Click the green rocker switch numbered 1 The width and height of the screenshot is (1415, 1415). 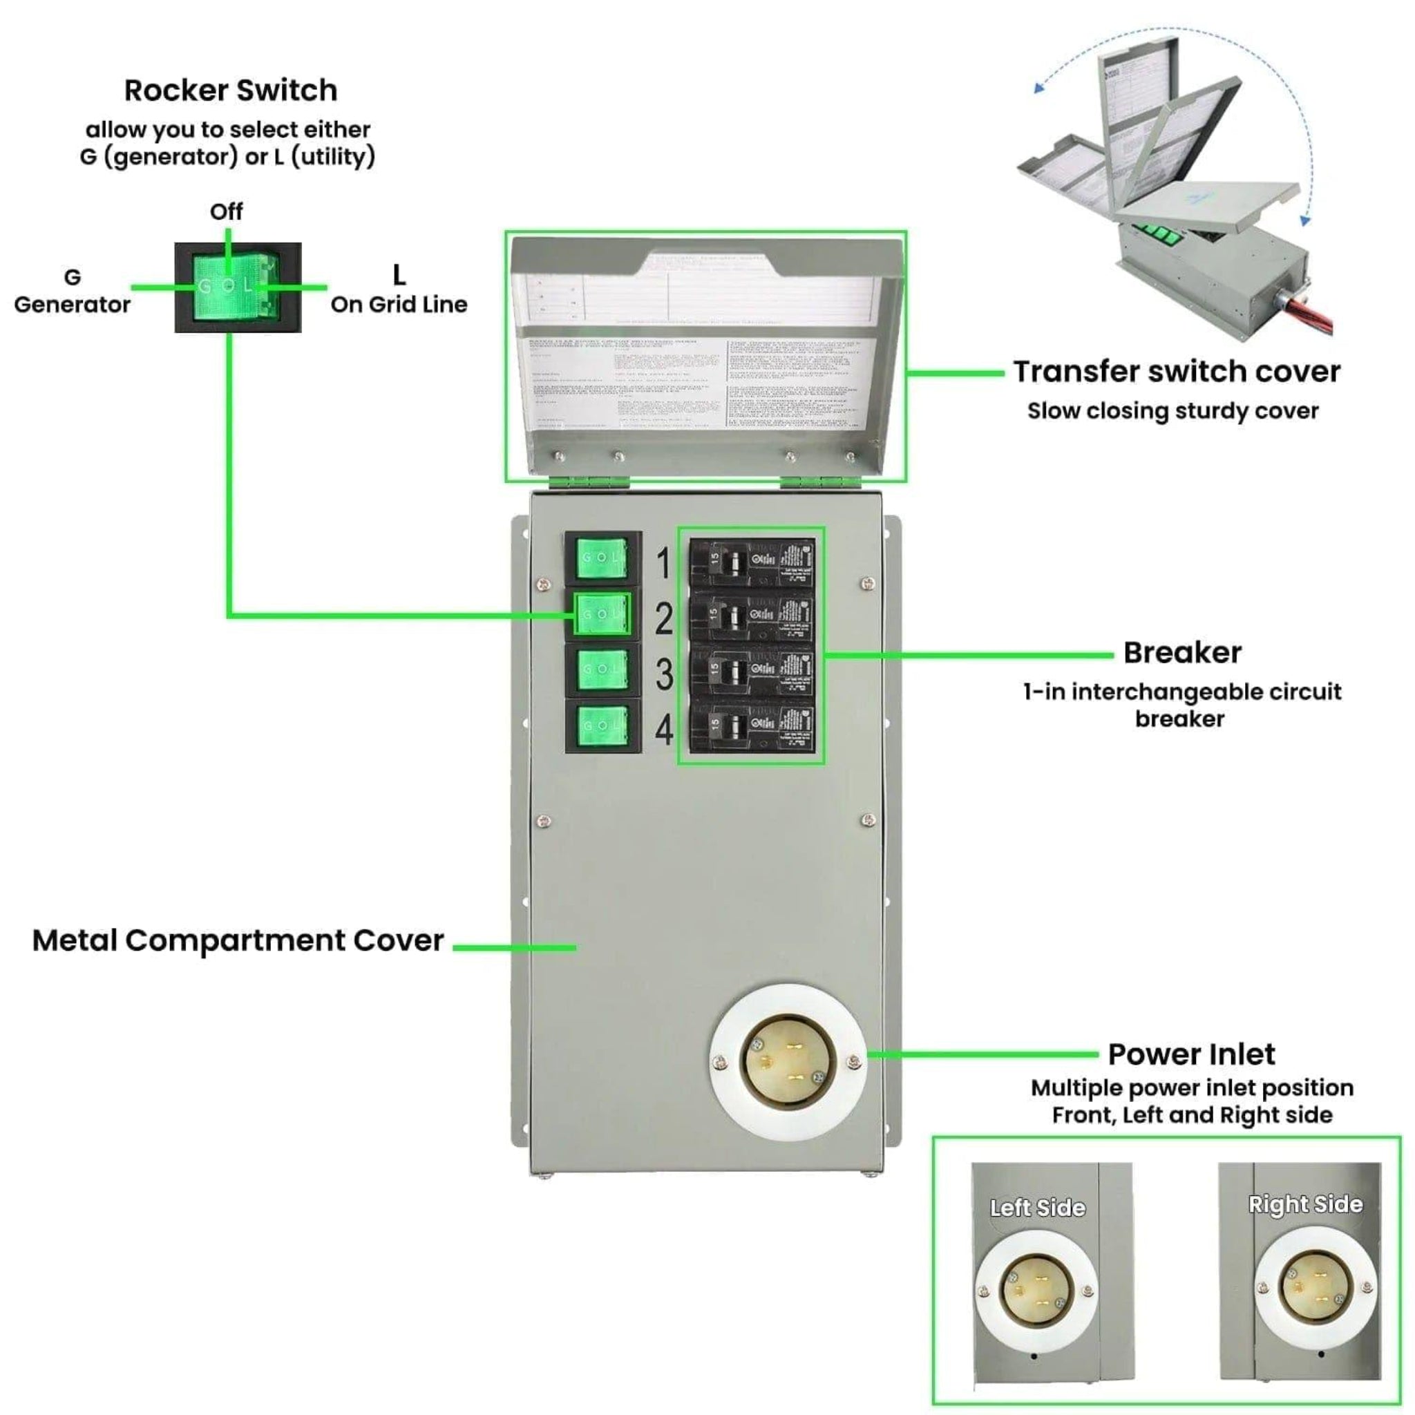(x=602, y=558)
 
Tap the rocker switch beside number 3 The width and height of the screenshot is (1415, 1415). (x=602, y=669)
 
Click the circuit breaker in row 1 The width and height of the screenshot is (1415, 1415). (x=752, y=562)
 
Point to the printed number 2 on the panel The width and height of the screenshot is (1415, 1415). (x=663, y=619)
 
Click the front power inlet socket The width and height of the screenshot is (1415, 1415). (x=788, y=1061)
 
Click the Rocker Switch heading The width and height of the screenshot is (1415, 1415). (x=231, y=91)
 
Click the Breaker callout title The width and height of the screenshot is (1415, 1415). (x=1182, y=652)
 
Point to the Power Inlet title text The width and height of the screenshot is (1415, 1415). (x=1191, y=1054)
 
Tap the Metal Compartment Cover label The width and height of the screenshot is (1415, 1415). (x=238, y=940)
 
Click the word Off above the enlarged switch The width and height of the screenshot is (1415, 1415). (x=227, y=211)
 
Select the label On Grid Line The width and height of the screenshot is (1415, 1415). (x=399, y=304)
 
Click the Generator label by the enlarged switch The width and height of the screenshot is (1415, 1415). (x=72, y=304)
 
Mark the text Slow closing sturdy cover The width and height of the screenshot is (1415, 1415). (x=1172, y=411)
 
